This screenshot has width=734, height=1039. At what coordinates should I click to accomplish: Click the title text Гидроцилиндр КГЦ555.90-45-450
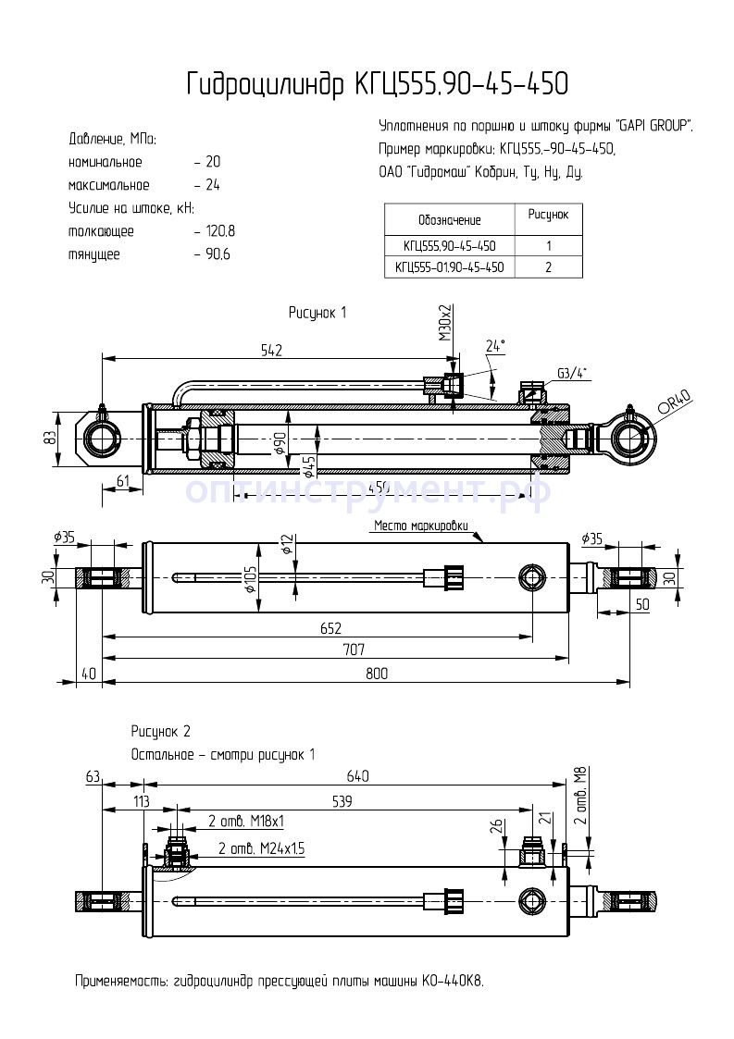(377, 84)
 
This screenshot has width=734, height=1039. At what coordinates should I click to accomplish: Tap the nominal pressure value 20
(212, 162)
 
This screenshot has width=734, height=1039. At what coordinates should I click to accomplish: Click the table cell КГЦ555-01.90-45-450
(449, 267)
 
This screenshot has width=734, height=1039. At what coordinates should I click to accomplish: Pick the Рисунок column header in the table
(548, 215)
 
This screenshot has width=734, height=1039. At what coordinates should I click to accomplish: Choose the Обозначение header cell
(449, 220)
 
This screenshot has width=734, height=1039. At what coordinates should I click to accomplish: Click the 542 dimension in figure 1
(270, 350)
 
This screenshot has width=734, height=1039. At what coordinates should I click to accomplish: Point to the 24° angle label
(496, 346)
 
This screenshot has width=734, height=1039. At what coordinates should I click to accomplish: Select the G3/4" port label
(572, 373)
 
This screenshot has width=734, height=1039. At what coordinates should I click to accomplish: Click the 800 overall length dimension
(377, 674)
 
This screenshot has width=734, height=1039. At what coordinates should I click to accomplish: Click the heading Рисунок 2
(161, 731)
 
